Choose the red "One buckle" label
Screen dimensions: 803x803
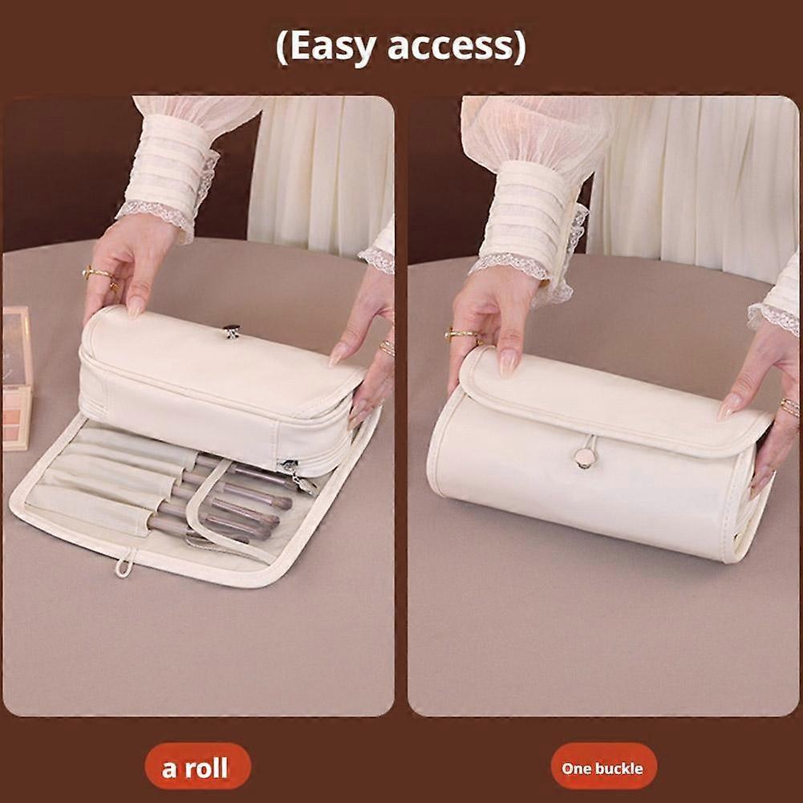602,768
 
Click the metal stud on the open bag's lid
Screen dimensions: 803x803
232,330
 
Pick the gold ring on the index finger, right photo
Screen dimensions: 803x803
460,334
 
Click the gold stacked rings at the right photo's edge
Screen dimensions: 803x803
790,408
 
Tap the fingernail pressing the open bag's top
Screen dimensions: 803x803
136,306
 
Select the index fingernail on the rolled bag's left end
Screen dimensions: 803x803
508,362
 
